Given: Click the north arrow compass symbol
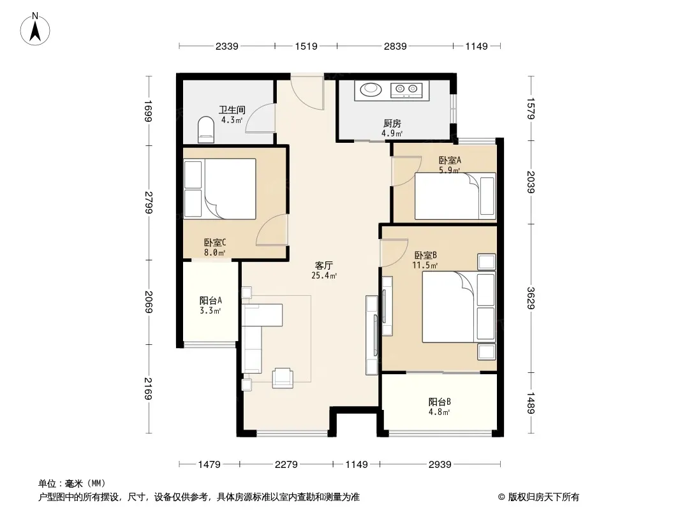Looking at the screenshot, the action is (x=35, y=29).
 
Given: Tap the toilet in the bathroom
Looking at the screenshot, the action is (x=206, y=129).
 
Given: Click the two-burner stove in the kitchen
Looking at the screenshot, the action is (x=406, y=90).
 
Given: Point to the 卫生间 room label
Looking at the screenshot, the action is (x=232, y=110).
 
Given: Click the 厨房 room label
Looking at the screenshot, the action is (x=392, y=124).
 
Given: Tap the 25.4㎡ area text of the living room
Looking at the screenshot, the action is (x=324, y=275).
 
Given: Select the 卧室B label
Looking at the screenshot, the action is (x=425, y=255).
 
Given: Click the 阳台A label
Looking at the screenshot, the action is (x=211, y=300).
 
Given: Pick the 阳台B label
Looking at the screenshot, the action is (x=440, y=402).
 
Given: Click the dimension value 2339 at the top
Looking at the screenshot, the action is (x=227, y=46).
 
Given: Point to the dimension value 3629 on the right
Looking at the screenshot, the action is (x=531, y=298).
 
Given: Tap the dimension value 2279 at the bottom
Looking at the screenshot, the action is (x=286, y=465).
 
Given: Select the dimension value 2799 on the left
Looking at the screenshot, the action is (x=149, y=202).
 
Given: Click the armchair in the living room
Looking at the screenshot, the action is (x=283, y=377).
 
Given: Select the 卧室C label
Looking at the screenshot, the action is (x=215, y=243).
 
